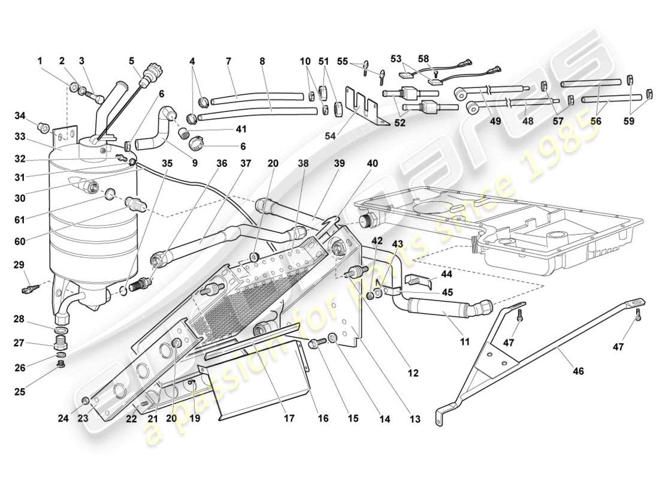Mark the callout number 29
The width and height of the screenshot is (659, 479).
[19, 264]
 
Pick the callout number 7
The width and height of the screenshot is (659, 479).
[228, 60]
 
